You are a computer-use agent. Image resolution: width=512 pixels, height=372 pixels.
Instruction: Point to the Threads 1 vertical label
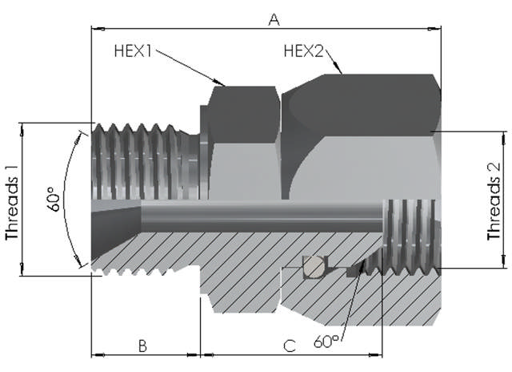point(12,199)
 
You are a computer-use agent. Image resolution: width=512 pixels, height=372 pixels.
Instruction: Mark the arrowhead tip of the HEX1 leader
point(226,83)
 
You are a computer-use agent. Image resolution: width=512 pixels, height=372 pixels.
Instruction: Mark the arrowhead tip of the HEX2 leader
point(342,74)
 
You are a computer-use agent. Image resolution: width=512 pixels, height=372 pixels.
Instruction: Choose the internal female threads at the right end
point(410,232)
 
